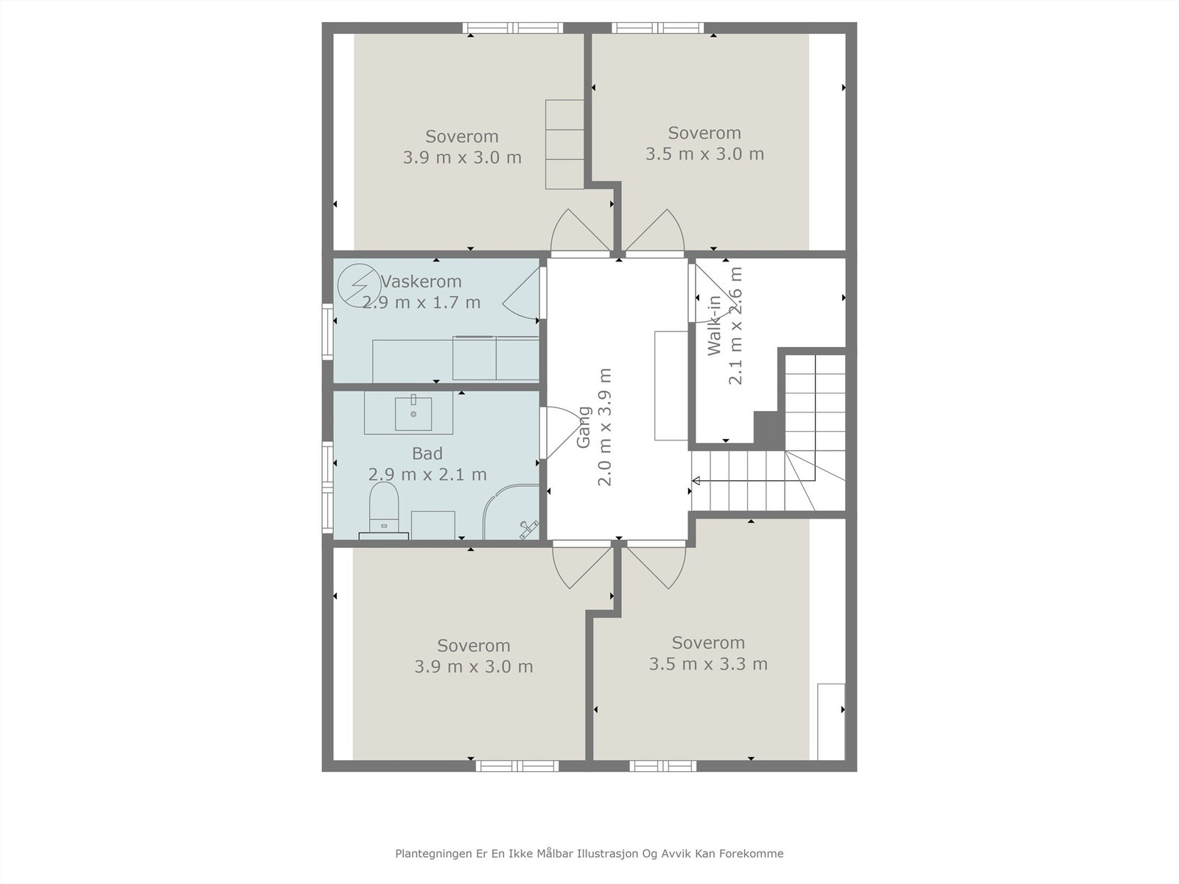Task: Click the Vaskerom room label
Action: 421,281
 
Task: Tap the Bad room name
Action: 427,454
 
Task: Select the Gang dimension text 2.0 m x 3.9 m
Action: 605,427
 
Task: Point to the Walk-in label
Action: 714,326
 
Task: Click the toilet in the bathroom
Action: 383,510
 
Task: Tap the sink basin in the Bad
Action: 413,413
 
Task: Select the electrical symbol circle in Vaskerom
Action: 360,286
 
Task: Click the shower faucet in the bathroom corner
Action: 529,528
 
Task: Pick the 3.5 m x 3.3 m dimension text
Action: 708,664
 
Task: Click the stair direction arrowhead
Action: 696,480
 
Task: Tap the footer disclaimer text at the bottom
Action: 589,853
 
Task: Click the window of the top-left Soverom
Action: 513,28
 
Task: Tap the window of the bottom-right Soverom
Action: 662,766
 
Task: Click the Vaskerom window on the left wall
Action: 328,331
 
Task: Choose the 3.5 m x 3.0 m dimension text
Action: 704,154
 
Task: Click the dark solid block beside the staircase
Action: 769,429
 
